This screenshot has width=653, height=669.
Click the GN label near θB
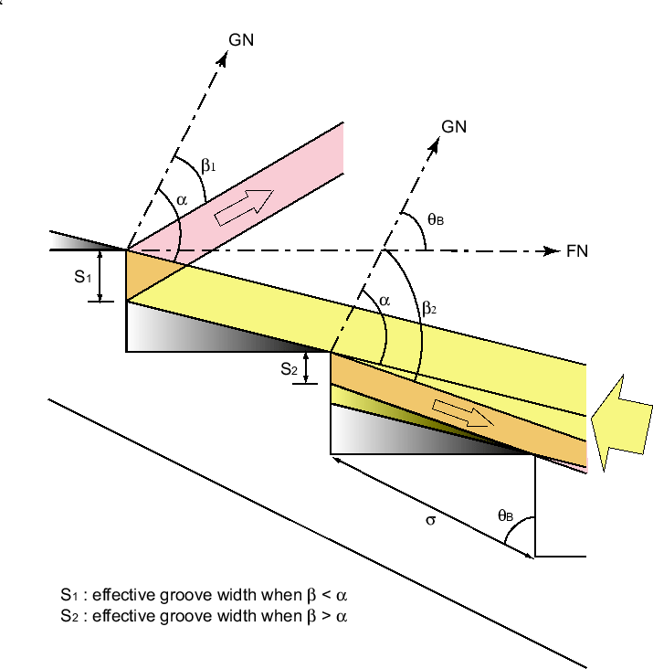click(454, 127)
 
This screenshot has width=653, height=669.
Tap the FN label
click(577, 251)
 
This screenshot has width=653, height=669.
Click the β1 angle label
click(209, 165)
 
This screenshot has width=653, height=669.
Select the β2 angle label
click(429, 310)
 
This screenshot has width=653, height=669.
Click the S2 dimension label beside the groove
click(289, 369)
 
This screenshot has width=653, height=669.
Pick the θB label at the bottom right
click(505, 515)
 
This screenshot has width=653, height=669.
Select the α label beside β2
click(384, 299)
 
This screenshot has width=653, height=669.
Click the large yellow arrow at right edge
click(622, 425)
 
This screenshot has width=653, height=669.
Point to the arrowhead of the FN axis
click(550, 250)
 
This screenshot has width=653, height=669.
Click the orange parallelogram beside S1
click(142, 274)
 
